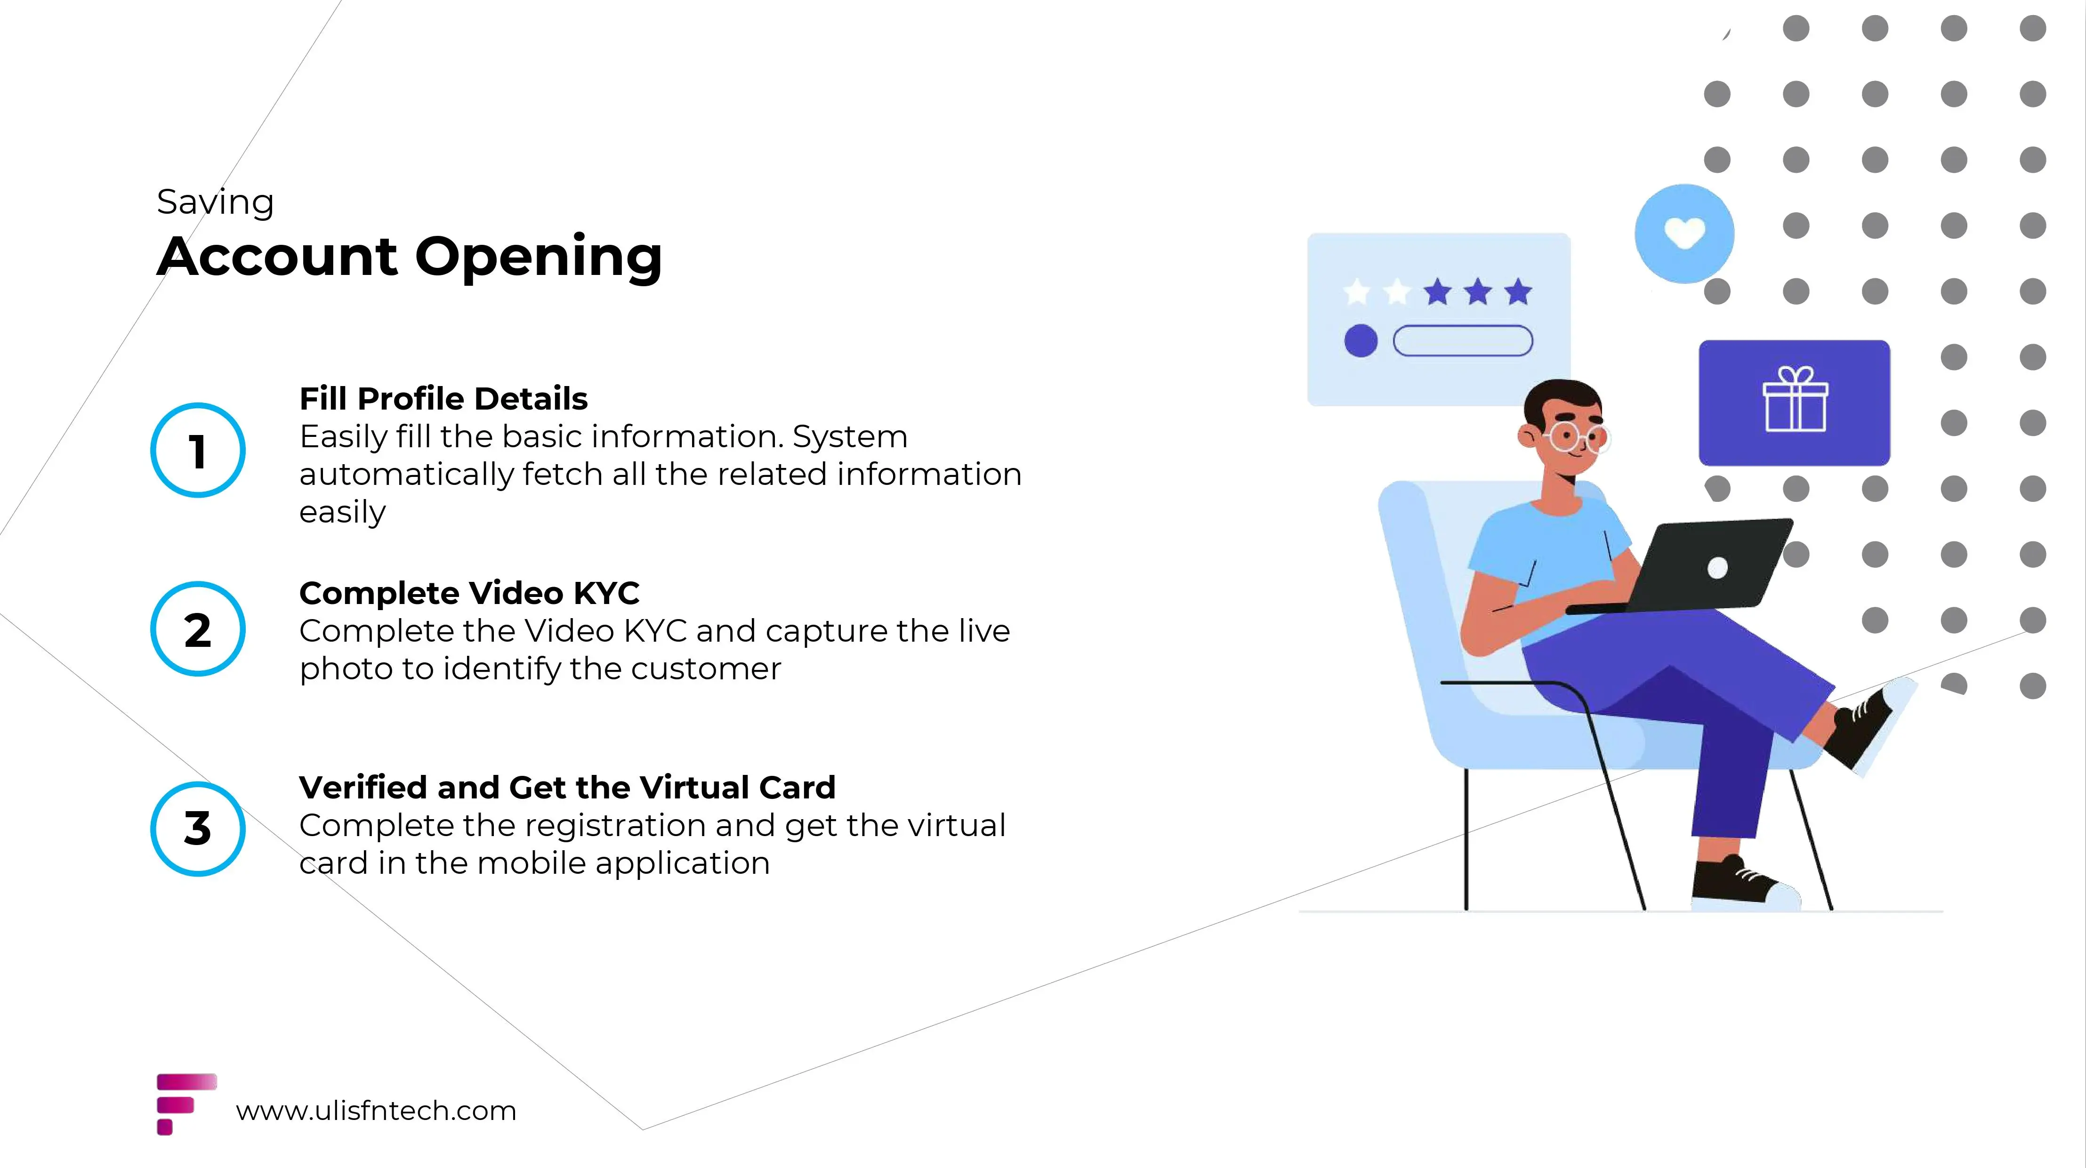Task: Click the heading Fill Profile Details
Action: (x=443, y=398)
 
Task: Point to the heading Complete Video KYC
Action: (x=469, y=593)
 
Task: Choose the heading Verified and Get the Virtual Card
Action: (x=567, y=787)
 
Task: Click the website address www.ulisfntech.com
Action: (x=376, y=1111)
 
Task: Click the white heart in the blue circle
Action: (x=1684, y=234)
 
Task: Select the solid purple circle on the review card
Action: (x=1361, y=340)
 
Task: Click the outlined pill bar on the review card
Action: (x=1463, y=340)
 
